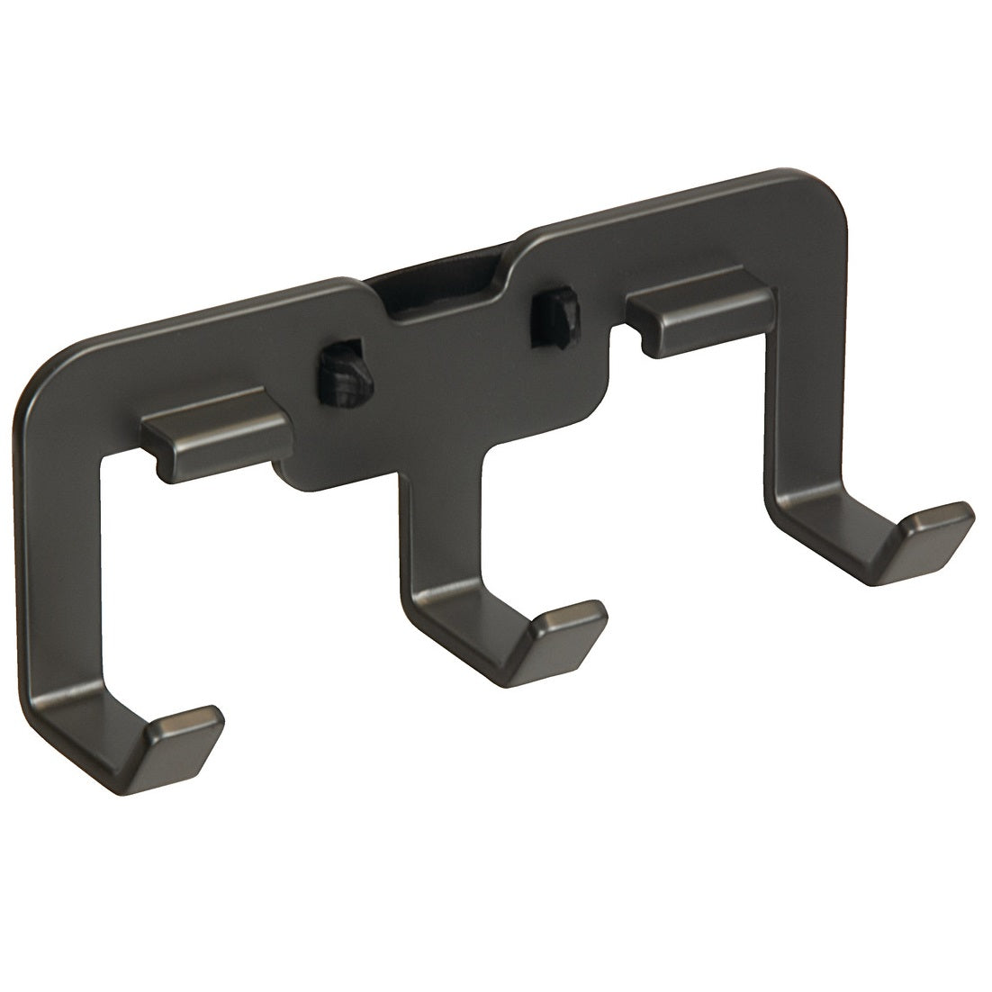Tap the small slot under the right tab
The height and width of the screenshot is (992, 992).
[648, 338]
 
